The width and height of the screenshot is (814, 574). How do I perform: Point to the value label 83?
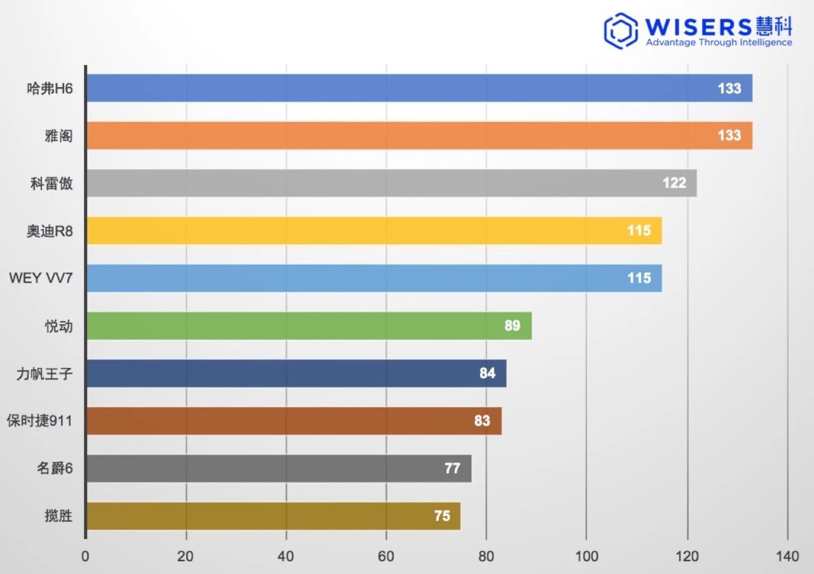click(482, 421)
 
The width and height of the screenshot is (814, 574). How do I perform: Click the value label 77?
click(452, 468)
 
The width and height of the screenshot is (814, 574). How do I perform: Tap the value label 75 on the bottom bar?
click(442, 516)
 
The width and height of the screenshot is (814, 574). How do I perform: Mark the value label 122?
click(674, 183)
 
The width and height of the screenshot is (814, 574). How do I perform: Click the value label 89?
click(512, 325)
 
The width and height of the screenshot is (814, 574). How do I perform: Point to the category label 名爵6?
click(55, 468)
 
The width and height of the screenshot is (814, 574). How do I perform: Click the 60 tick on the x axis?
click(386, 557)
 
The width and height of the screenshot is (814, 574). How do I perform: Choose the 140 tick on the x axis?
click(787, 557)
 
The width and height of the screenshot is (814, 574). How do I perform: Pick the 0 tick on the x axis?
click(86, 557)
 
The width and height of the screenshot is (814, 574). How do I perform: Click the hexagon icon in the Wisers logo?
click(621, 31)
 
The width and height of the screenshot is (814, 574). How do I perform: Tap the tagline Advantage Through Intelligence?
click(719, 43)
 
